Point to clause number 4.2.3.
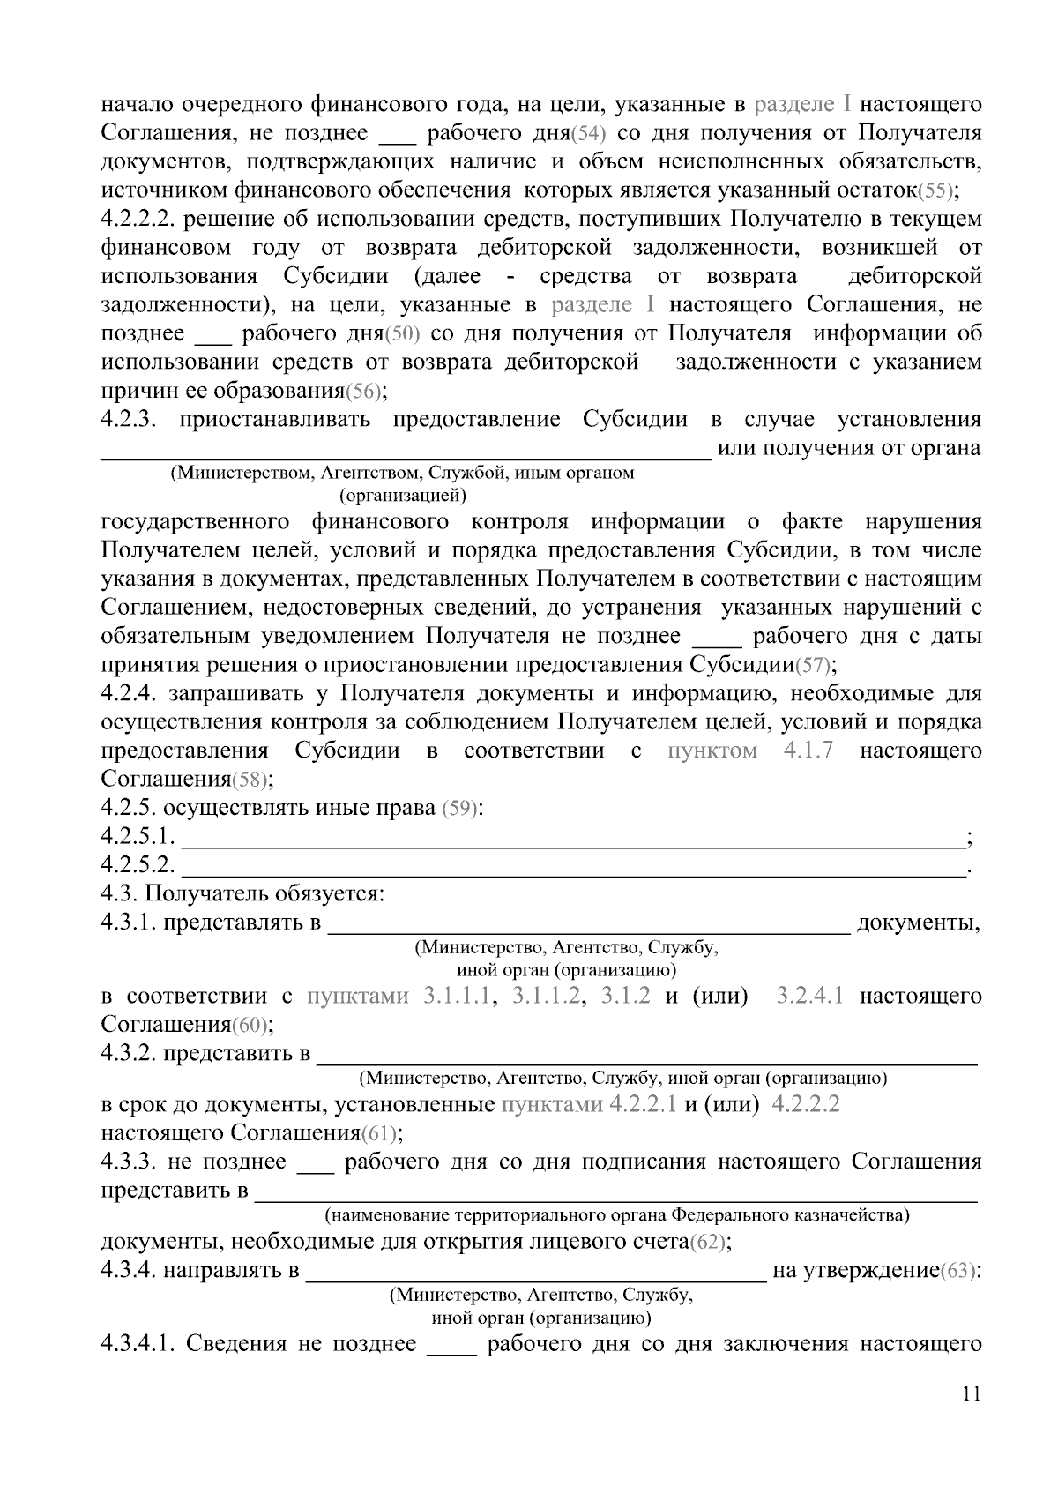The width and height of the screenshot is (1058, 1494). coord(130,420)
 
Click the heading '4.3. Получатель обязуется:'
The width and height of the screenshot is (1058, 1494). coord(242,894)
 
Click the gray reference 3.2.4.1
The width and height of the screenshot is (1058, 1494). coord(809,997)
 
